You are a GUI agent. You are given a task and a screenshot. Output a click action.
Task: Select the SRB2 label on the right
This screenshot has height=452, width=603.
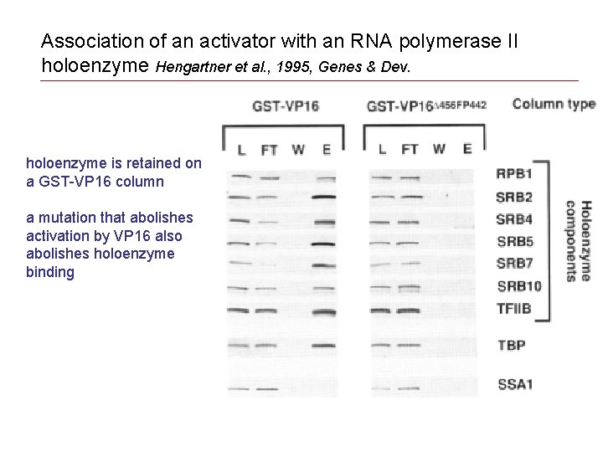point(515,198)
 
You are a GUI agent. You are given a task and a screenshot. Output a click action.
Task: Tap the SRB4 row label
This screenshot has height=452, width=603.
point(515,220)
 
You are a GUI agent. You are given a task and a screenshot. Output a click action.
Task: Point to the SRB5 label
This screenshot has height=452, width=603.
point(515,243)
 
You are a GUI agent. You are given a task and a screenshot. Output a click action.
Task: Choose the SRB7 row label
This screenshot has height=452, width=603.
point(515,264)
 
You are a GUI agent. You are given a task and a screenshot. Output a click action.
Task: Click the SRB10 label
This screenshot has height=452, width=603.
point(519,286)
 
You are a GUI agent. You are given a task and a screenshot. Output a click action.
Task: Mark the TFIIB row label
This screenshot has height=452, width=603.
point(513,308)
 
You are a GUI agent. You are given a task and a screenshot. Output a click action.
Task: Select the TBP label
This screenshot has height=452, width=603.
point(511,345)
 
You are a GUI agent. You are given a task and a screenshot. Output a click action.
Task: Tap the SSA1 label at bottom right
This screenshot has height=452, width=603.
point(515,385)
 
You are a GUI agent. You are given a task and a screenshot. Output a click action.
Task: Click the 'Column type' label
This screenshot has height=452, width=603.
point(554,105)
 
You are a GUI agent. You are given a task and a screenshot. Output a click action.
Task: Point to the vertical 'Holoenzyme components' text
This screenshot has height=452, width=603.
point(577,240)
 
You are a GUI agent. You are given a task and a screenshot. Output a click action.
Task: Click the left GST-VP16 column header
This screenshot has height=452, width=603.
point(286,106)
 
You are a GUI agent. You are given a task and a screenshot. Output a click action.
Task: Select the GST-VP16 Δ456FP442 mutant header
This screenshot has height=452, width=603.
point(426,106)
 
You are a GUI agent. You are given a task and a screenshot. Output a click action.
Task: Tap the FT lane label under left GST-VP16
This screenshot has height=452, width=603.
point(269,150)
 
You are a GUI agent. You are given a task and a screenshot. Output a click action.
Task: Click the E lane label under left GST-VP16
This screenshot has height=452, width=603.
point(326,150)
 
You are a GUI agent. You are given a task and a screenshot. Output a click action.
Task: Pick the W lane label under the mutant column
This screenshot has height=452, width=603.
point(439,150)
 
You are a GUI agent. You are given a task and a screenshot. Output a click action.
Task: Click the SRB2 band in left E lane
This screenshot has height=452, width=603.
point(323,198)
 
